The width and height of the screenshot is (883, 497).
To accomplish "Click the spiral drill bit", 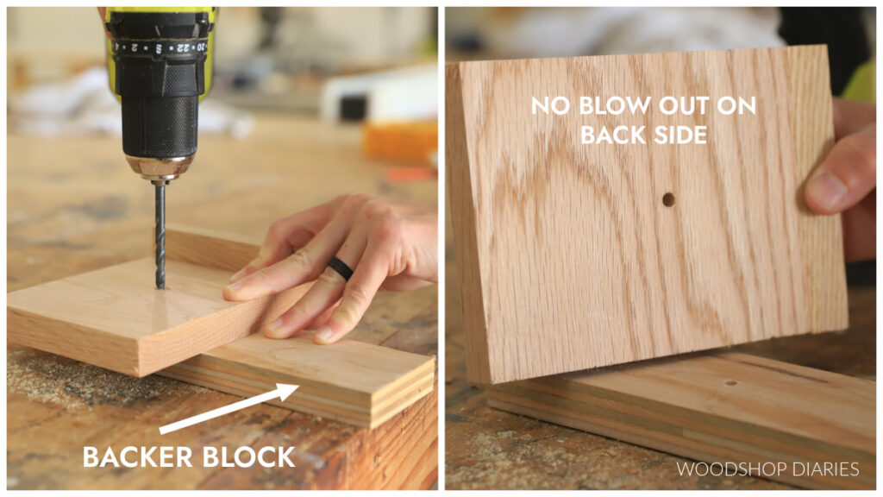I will point(160,233).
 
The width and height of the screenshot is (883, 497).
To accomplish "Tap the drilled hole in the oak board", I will point(668,199).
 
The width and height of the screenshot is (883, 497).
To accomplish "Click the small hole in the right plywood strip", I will point(730,382).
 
